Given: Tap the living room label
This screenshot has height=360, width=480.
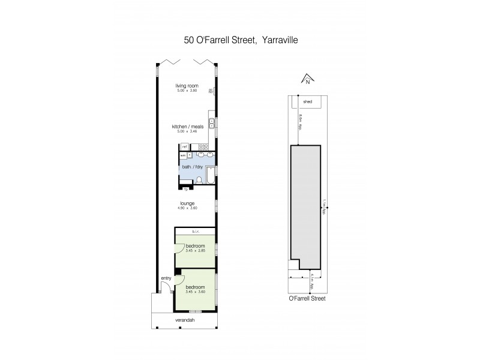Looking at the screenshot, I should pyautogui.click(x=186, y=85).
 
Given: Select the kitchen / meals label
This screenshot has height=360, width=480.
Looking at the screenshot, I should pyautogui.click(x=188, y=127).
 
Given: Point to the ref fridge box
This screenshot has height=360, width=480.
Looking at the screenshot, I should pyautogui.click(x=185, y=146).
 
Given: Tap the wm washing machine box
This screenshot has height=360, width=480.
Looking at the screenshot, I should pyautogui.click(x=183, y=155).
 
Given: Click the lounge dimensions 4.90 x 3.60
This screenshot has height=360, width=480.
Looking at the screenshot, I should pyautogui.click(x=188, y=208).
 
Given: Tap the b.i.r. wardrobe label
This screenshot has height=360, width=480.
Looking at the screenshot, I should pyautogui.click(x=195, y=231).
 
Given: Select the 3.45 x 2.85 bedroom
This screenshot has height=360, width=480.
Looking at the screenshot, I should pyautogui.click(x=196, y=249).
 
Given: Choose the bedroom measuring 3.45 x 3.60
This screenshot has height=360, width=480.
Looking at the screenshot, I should pyautogui.click(x=196, y=290).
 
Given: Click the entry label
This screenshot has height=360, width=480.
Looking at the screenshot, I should pyautogui.click(x=166, y=278).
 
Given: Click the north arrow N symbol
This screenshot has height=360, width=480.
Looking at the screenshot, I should pyautogui.click(x=307, y=80).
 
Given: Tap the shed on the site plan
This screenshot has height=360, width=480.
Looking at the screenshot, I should pyautogui.click(x=308, y=102).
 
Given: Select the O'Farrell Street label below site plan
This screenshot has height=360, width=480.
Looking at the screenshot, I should pyautogui.click(x=307, y=297).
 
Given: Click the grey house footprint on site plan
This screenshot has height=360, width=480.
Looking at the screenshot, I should pyautogui.click(x=306, y=204).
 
